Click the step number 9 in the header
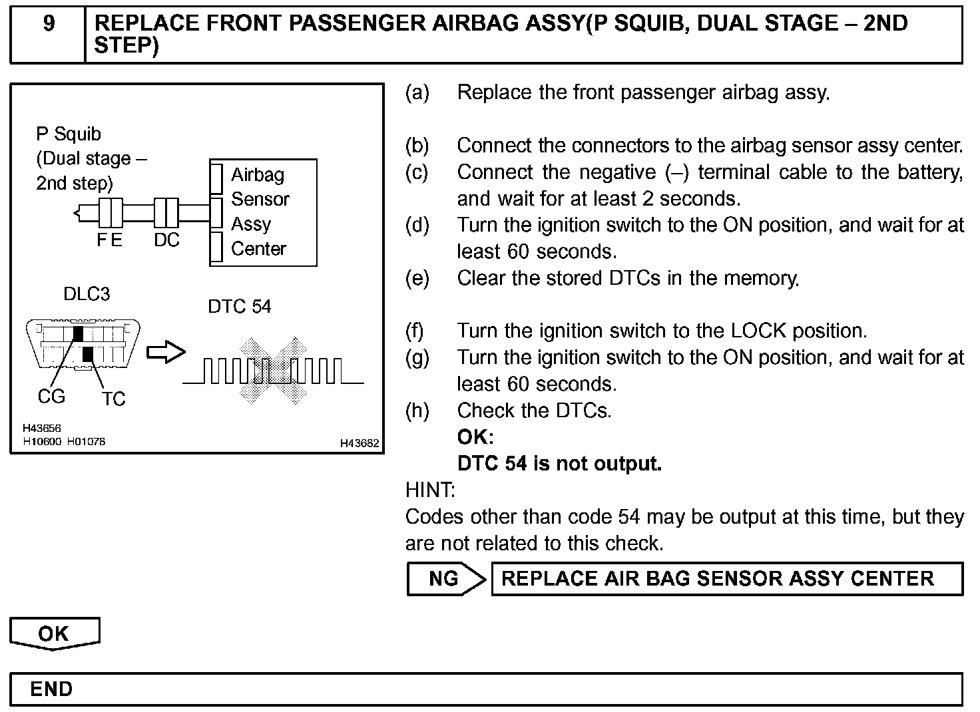coord(49,24)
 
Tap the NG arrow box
coord(445,578)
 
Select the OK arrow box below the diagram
coord(54,633)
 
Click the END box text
coord(51,689)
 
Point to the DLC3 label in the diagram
coord(87,294)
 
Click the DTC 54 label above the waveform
coord(240,306)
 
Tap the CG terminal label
coord(51,397)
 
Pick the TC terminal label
coord(113,399)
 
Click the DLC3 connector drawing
coord(83,344)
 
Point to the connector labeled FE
coord(110,213)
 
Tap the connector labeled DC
coord(166,213)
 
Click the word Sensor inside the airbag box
coord(260,199)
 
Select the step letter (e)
coord(417,278)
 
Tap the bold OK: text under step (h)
coord(475,437)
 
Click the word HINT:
coord(430,490)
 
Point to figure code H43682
coord(359,443)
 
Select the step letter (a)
coord(417,92)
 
